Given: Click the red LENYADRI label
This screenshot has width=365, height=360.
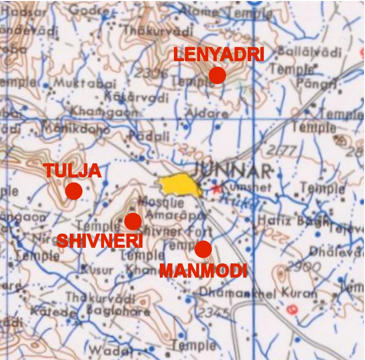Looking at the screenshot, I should click(x=218, y=54).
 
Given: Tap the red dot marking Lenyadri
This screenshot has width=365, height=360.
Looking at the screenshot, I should click(x=217, y=75).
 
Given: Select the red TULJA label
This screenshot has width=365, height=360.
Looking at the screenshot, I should click(x=72, y=171).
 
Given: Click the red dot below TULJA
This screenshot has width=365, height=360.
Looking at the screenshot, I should click(x=74, y=191).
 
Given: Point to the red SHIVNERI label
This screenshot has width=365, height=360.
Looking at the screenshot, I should click(x=100, y=241).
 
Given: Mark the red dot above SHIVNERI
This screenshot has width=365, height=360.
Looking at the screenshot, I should click(x=133, y=221).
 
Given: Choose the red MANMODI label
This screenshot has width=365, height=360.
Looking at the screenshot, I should click(x=203, y=271).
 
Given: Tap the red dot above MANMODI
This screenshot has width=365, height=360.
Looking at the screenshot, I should click(x=203, y=249).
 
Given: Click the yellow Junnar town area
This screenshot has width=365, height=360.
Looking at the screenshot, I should click(x=180, y=186).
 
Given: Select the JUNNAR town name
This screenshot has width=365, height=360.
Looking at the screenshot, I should click(x=233, y=171).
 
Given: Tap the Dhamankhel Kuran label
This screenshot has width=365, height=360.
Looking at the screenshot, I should click(x=258, y=292).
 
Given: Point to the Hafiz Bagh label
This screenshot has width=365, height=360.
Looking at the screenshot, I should click(x=286, y=220).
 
